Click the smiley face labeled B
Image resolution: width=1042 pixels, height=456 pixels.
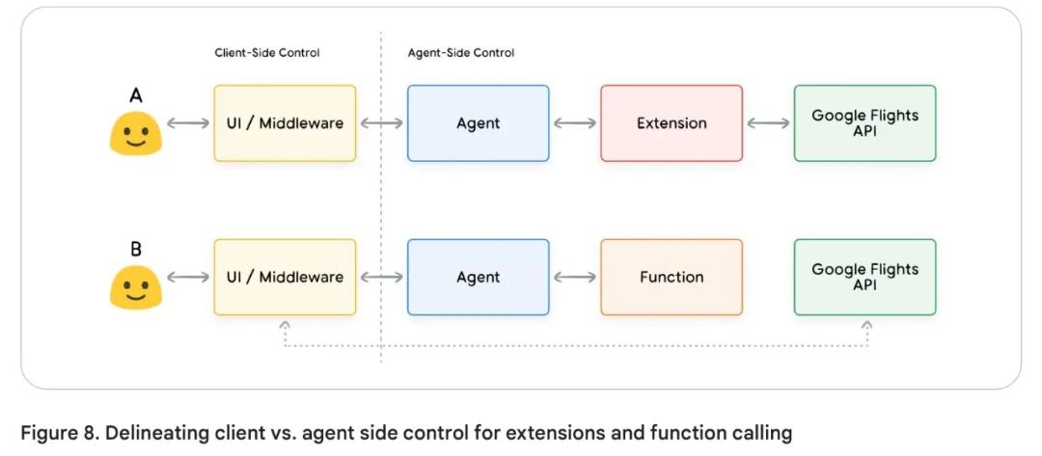[135, 287]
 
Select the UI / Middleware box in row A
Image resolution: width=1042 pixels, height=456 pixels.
[285, 123]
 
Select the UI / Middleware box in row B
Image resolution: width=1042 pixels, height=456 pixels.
[285, 278]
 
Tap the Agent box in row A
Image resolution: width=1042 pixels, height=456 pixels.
[478, 123]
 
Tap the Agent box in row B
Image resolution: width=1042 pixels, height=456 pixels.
[478, 278]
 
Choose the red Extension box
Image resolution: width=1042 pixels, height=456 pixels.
[672, 123]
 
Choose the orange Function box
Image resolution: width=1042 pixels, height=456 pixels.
[672, 278]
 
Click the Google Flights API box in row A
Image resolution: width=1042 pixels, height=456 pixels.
[864, 123]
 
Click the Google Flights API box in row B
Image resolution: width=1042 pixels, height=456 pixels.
[864, 278]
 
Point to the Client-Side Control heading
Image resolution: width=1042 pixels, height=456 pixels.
[266, 53]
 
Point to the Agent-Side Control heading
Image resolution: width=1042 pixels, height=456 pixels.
[461, 53]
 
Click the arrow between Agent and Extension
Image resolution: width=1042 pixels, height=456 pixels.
[575, 123]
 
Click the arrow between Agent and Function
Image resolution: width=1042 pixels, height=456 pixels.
[575, 278]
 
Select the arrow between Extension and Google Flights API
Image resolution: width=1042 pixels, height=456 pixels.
[768, 123]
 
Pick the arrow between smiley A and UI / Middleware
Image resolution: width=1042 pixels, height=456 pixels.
[188, 123]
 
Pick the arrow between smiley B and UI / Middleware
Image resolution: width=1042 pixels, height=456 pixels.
[188, 278]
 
